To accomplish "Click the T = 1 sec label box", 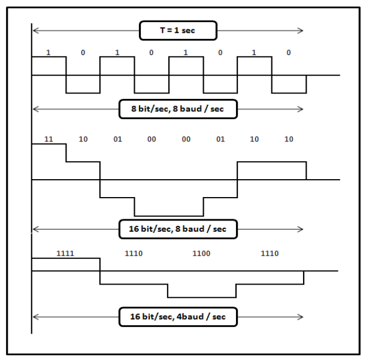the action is pyautogui.click(x=178, y=31).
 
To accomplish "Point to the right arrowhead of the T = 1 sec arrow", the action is pyautogui.click(x=300, y=31).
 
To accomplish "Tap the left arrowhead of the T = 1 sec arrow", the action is pyautogui.click(x=35, y=31).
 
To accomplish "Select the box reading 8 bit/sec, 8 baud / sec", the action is pyautogui.click(x=178, y=109).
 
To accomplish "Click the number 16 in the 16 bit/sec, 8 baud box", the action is pyautogui.click(x=134, y=229).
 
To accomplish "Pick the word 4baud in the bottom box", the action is pyautogui.click(x=190, y=317).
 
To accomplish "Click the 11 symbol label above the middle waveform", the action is pyautogui.click(x=49, y=139).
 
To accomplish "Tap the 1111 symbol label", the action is pyautogui.click(x=65, y=253).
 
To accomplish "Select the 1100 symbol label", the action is pyautogui.click(x=201, y=253).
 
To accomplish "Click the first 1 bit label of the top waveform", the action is pyautogui.click(x=49, y=52).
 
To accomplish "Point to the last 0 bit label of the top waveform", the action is pyautogui.click(x=289, y=52).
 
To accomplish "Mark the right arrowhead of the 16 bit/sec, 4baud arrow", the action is pyautogui.click(x=300, y=317).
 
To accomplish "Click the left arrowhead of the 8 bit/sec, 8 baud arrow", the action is pyautogui.click(x=35, y=109).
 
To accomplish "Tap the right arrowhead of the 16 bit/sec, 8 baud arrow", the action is pyautogui.click(x=300, y=229).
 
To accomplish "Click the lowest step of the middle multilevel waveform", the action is pyautogui.click(x=169, y=216).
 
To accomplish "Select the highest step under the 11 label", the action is pyautogui.click(x=49, y=144).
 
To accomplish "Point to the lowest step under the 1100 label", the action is pyautogui.click(x=202, y=297).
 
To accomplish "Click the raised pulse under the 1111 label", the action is pyautogui.click(x=66, y=258).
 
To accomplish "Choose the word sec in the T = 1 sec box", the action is pyautogui.click(x=188, y=31).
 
